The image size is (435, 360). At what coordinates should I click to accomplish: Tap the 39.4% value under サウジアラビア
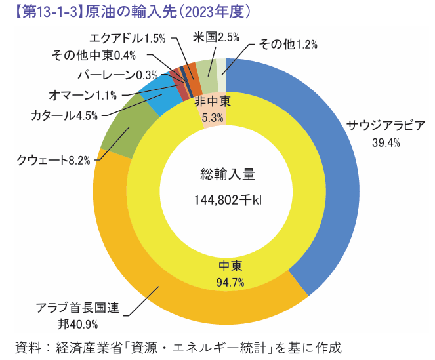[386, 143]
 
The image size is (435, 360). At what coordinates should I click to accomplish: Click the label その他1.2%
[288, 44]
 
